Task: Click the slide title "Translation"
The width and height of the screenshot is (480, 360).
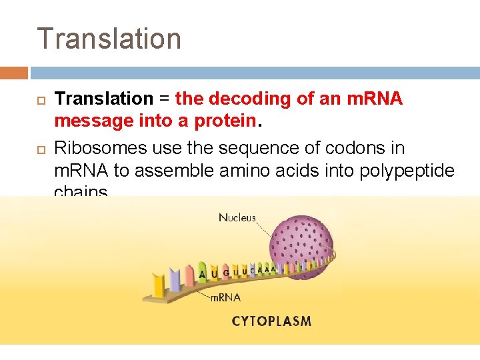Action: pos(109,39)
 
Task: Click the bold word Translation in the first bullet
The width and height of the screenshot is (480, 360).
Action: pos(103,99)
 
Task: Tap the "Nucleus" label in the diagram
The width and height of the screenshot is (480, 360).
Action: pos(237,218)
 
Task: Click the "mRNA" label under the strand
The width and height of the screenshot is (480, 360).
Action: pos(225,297)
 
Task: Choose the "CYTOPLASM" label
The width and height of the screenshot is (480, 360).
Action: pos(271,321)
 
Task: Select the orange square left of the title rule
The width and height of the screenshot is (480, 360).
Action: pos(14,73)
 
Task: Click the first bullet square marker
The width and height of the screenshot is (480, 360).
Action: pos(39,99)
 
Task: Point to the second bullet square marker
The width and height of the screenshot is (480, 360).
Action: pos(39,148)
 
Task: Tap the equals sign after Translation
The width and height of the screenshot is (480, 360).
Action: pos(163,99)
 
